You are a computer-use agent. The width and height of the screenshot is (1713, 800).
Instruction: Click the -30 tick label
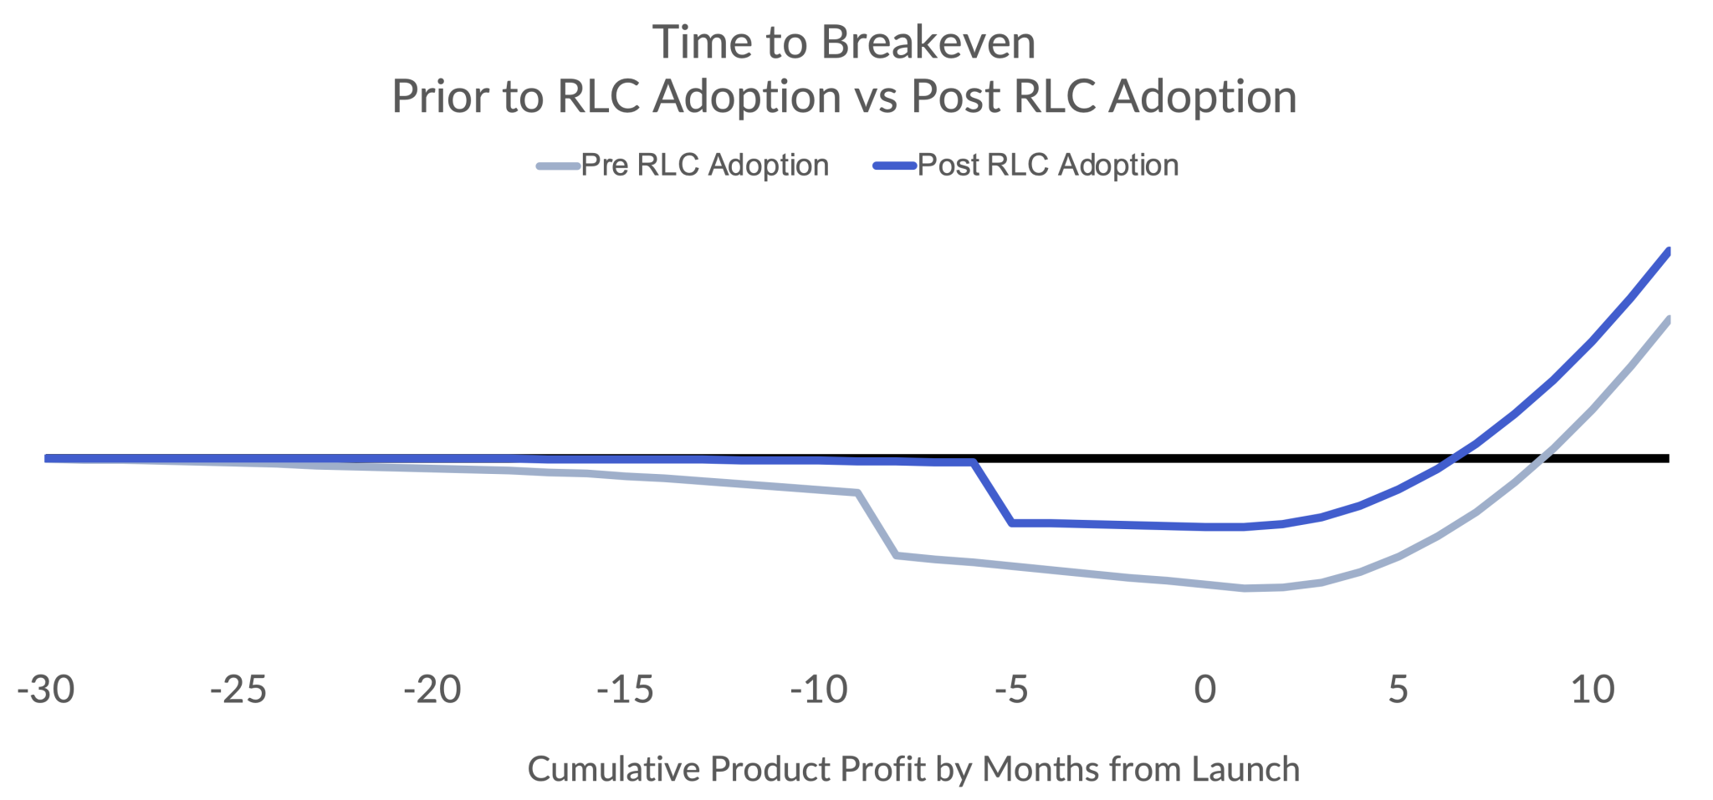[x=47, y=690]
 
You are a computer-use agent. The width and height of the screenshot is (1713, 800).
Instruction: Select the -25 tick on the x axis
[x=238, y=690]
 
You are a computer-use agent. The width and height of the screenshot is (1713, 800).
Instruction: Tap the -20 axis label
[x=432, y=690]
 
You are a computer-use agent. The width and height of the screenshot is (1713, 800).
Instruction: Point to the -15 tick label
[x=626, y=690]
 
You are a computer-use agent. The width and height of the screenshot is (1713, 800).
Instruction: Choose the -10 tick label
[x=819, y=690]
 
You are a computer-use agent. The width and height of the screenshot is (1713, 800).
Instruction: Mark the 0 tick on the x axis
[x=1205, y=690]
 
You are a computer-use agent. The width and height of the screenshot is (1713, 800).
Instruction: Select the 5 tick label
[x=1399, y=690]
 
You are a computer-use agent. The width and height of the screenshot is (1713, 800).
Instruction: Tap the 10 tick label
[x=1593, y=690]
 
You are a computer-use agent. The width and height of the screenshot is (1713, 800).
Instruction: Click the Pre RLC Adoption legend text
[x=704, y=166]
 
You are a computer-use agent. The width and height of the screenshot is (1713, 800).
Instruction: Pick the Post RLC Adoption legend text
[x=1048, y=166]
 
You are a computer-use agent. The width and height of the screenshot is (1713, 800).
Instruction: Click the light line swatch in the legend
[x=558, y=166]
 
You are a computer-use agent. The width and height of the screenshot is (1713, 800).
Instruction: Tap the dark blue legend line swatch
[x=895, y=166]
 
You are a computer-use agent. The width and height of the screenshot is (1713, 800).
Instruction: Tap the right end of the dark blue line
[x=1668, y=252]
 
